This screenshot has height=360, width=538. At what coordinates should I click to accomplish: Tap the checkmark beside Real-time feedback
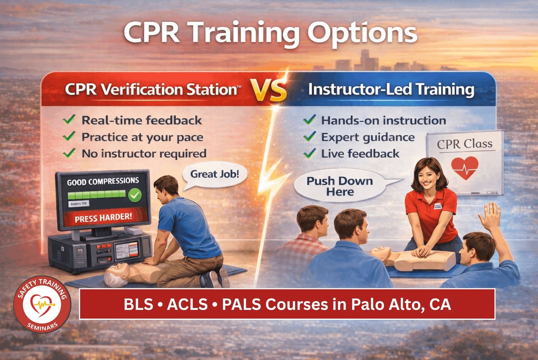point(69,120)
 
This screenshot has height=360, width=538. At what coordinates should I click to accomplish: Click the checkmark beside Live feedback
point(309,154)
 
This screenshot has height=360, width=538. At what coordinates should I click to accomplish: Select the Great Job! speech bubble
point(214,175)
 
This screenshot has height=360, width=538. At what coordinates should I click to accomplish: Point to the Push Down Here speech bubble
point(339,186)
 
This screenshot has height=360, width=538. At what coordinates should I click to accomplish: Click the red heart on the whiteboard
point(464,168)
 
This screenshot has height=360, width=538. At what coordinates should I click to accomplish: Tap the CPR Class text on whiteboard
point(464,144)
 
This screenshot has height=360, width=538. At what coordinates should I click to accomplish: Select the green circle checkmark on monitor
point(135,195)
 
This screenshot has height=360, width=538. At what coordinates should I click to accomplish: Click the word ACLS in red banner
point(187,304)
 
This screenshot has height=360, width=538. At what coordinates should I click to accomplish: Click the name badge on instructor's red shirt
point(438,206)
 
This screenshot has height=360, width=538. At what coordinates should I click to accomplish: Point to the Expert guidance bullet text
point(368,137)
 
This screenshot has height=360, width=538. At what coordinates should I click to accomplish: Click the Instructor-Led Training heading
point(391,90)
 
